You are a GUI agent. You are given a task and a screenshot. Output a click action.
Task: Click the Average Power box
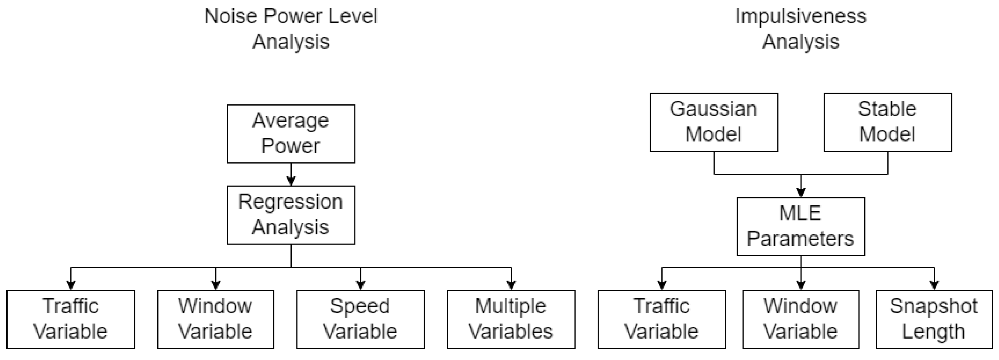coord(291,134)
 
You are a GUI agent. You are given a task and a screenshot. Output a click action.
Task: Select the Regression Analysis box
coord(291,215)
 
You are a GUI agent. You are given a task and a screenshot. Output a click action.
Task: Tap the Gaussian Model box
coord(714,122)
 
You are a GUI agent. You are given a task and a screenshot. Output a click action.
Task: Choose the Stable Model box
coord(887,122)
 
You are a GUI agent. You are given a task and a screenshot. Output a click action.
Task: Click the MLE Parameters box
coord(801,226)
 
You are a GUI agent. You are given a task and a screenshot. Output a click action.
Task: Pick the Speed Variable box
coord(360,319)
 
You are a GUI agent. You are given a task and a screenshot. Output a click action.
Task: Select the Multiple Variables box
coord(511,319)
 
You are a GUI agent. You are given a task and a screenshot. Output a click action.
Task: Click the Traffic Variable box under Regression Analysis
coord(71,319)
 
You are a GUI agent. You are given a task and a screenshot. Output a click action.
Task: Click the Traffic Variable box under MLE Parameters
coord(662,319)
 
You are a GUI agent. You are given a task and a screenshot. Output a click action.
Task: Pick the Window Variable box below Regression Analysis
coord(216,319)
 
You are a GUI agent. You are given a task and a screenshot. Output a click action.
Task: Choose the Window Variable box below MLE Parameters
coord(801,319)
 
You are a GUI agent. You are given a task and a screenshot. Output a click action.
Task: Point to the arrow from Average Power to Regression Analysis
coord(291,174)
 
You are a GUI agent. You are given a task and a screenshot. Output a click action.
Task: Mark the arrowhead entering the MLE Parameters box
coord(801,193)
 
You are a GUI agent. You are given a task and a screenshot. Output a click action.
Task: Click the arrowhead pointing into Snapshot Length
coord(934,285)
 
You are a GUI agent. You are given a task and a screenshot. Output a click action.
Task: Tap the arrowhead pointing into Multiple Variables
coord(511,285)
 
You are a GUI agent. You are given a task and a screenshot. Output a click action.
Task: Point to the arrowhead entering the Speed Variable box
coord(361,285)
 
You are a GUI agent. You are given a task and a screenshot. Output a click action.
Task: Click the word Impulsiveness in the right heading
coord(801,16)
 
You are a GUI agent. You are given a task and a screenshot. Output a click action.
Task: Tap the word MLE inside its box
coord(800,213)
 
